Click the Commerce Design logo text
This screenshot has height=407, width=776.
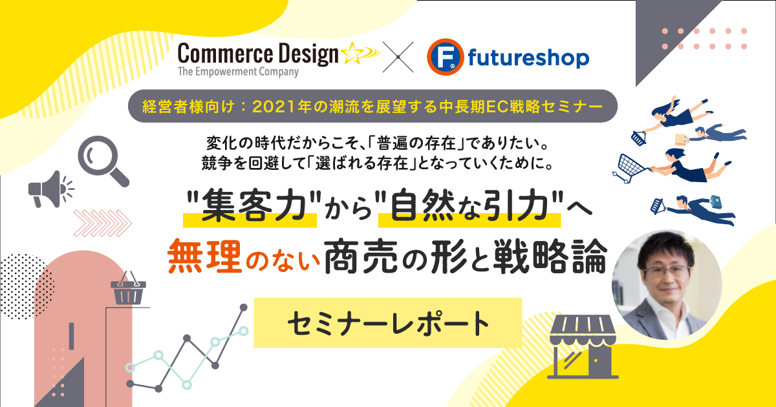click(x=258, y=54)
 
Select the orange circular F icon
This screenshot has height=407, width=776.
click(x=445, y=57)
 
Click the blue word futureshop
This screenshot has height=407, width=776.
click(x=528, y=58)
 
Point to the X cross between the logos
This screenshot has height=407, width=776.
click(x=398, y=57)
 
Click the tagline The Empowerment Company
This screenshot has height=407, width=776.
click(x=238, y=72)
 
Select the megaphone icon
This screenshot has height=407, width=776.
click(x=51, y=189)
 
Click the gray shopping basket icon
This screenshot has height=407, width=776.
click(x=128, y=288)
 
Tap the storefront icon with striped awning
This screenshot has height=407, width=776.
click(x=583, y=346)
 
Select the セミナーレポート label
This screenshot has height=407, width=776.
click(x=388, y=323)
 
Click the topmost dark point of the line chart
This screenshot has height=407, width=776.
click(x=244, y=308)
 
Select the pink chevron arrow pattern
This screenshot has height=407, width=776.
click(x=103, y=224)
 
